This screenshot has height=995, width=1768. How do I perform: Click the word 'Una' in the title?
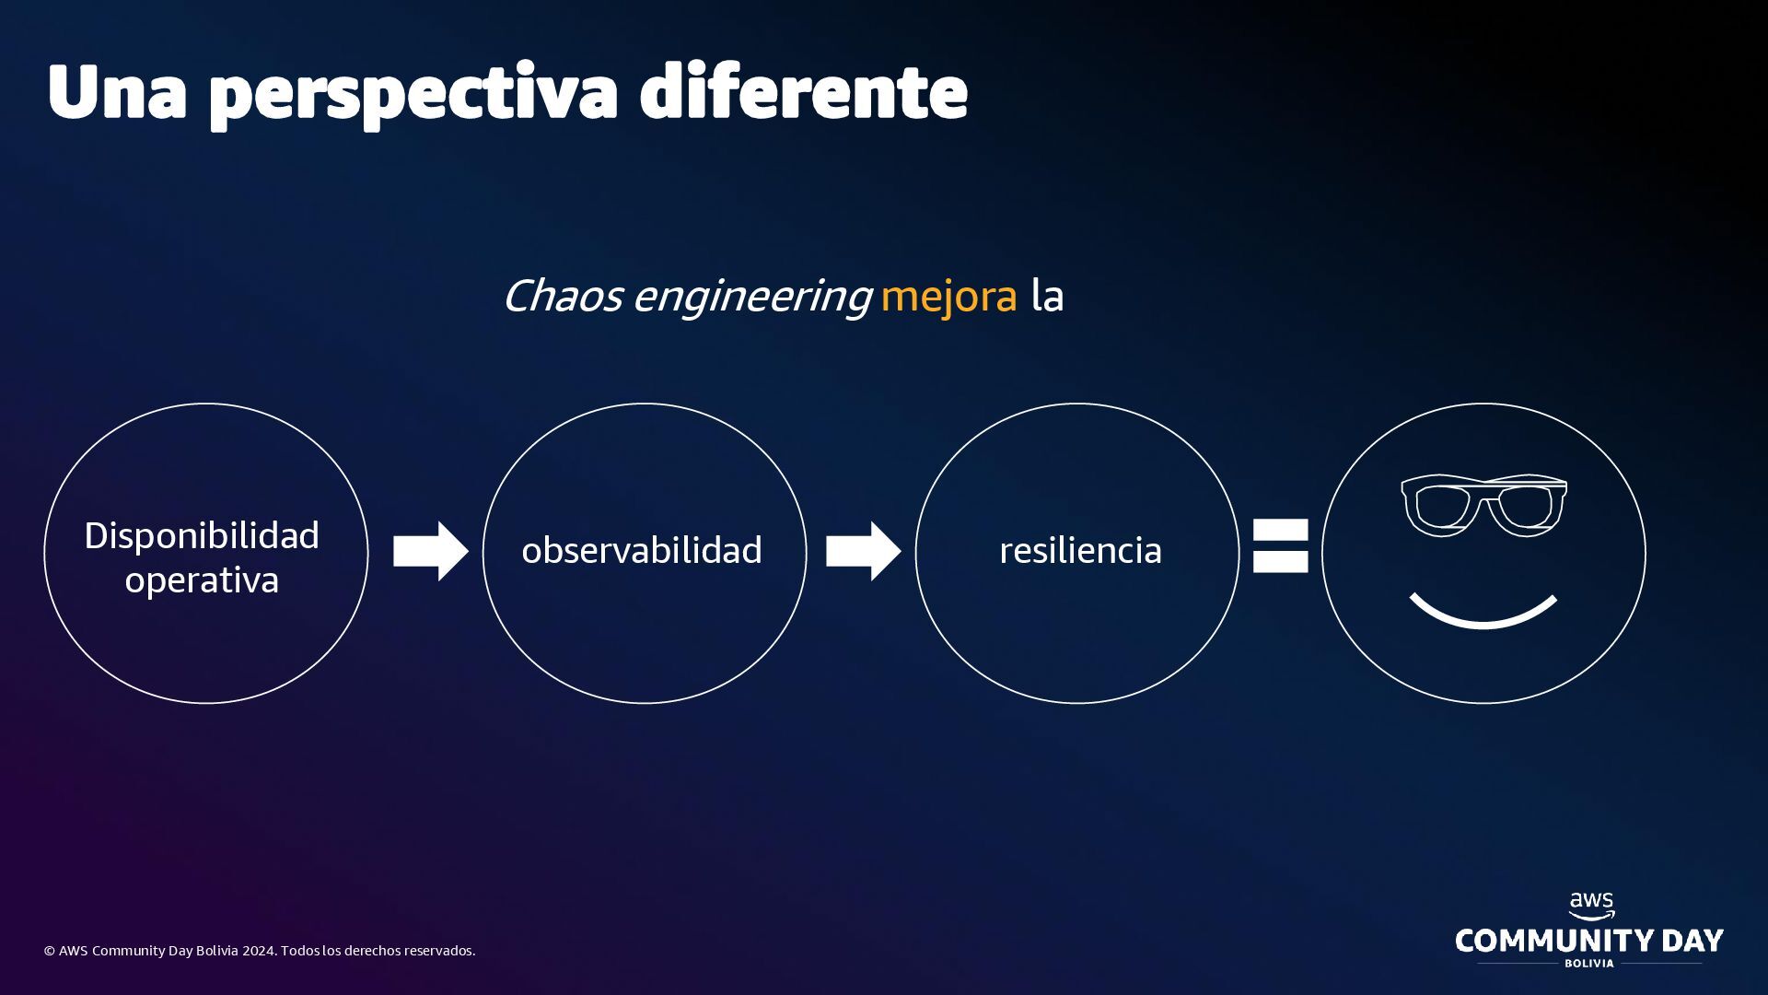pyautogui.click(x=117, y=92)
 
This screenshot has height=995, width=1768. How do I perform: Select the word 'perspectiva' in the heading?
pyautogui.click(x=413, y=94)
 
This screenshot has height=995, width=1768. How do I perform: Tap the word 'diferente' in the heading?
pyautogui.click(x=803, y=92)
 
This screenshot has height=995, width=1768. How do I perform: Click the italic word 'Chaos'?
pyautogui.click(x=562, y=296)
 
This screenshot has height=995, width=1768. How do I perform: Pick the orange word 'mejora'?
pyautogui.click(x=948, y=296)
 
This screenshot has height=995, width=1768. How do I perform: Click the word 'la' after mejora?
pyautogui.click(x=1047, y=296)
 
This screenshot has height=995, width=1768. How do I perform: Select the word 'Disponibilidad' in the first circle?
pyautogui.click(x=202, y=535)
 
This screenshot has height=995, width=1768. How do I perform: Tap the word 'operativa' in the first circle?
pyautogui.click(x=202, y=580)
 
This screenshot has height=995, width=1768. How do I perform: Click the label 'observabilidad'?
pyautogui.click(x=642, y=550)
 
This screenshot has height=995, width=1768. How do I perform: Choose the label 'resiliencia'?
pyautogui.click(x=1080, y=550)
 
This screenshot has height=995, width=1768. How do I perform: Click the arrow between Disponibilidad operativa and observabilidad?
pyautogui.click(x=430, y=551)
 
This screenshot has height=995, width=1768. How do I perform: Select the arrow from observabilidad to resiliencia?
pyautogui.click(x=863, y=551)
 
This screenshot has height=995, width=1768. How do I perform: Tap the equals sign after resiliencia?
pyautogui.click(x=1280, y=545)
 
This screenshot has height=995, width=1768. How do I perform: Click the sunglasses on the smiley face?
pyautogui.click(x=1483, y=504)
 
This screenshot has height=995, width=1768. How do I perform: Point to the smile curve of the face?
pyautogui.click(x=1483, y=617)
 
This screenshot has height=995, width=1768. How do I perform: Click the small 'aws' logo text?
pyautogui.click(x=1591, y=903)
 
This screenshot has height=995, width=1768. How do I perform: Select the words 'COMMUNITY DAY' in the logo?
pyautogui.click(x=1588, y=941)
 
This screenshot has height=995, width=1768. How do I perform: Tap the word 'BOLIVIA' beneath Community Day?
pyautogui.click(x=1589, y=964)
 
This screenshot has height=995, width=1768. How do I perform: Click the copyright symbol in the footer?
pyautogui.click(x=50, y=951)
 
